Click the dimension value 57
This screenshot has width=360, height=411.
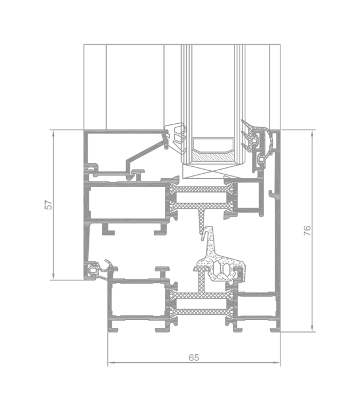point(49,205)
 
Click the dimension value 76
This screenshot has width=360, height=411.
point(307,230)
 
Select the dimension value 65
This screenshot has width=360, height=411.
point(194,358)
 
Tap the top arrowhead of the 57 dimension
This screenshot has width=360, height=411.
point(53,133)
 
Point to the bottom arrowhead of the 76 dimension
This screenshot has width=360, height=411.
point(312,328)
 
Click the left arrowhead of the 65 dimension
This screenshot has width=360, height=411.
point(111,363)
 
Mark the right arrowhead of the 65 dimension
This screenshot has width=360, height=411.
point(277,363)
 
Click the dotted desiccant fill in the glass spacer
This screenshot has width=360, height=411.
point(213,156)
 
